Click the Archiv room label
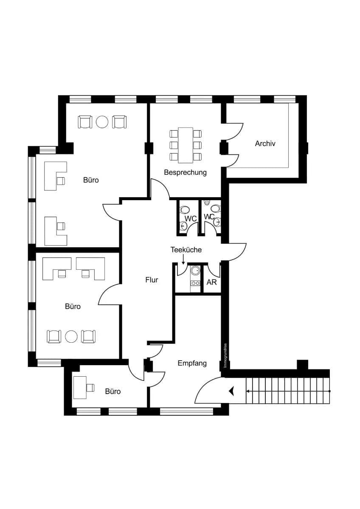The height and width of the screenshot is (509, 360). click(265, 143)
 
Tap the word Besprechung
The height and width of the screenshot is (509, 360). click(185, 173)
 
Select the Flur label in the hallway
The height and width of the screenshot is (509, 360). click(152, 280)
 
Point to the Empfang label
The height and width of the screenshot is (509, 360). click(192, 363)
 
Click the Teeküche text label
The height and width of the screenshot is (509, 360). click(186, 250)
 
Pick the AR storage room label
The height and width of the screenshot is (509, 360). click(211, 282)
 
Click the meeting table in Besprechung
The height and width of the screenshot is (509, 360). click(186, 145)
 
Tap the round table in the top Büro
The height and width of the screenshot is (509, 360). click(102, 122)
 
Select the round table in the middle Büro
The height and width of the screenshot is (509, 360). click(71, 336)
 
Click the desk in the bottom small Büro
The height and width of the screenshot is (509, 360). click(80, 387)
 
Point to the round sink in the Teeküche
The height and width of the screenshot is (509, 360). click(195, 271)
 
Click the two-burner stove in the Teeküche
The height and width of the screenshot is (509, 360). click(195, 283)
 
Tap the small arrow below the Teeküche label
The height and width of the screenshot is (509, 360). click(183, 260)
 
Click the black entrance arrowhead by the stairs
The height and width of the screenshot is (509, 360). click(231, 391)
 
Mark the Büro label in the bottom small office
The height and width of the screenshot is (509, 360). click(113, 391)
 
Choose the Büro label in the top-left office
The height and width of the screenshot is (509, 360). click(91, 180)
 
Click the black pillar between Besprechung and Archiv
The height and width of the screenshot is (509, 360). click(224, 148)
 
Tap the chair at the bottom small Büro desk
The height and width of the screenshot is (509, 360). click(90, 387)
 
